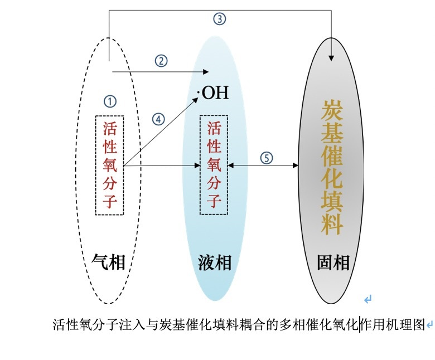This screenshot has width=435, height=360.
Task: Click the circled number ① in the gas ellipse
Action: click(110, 101)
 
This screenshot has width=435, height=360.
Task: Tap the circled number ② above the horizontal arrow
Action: click(161, 61)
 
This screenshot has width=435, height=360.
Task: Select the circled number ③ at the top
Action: click(220, 19)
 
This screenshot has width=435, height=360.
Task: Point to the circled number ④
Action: click(159, 119)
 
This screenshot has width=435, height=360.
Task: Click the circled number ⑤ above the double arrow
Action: click(267, 158)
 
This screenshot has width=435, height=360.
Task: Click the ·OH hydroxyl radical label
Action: click(213, 92)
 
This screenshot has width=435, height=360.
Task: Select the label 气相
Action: click(109, 261)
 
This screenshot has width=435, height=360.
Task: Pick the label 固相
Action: click(333, 262)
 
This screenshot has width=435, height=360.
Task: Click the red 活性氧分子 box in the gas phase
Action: click(110, 165)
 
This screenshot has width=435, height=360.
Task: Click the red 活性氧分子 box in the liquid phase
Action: click(214, 165)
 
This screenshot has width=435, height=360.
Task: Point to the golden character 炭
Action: click(332, 110)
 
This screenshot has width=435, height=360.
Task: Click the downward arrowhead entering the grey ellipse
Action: click(332, 57)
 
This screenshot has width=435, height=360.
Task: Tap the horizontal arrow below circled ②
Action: click(161, 71)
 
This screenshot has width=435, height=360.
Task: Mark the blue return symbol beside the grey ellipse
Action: click(368, 300)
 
